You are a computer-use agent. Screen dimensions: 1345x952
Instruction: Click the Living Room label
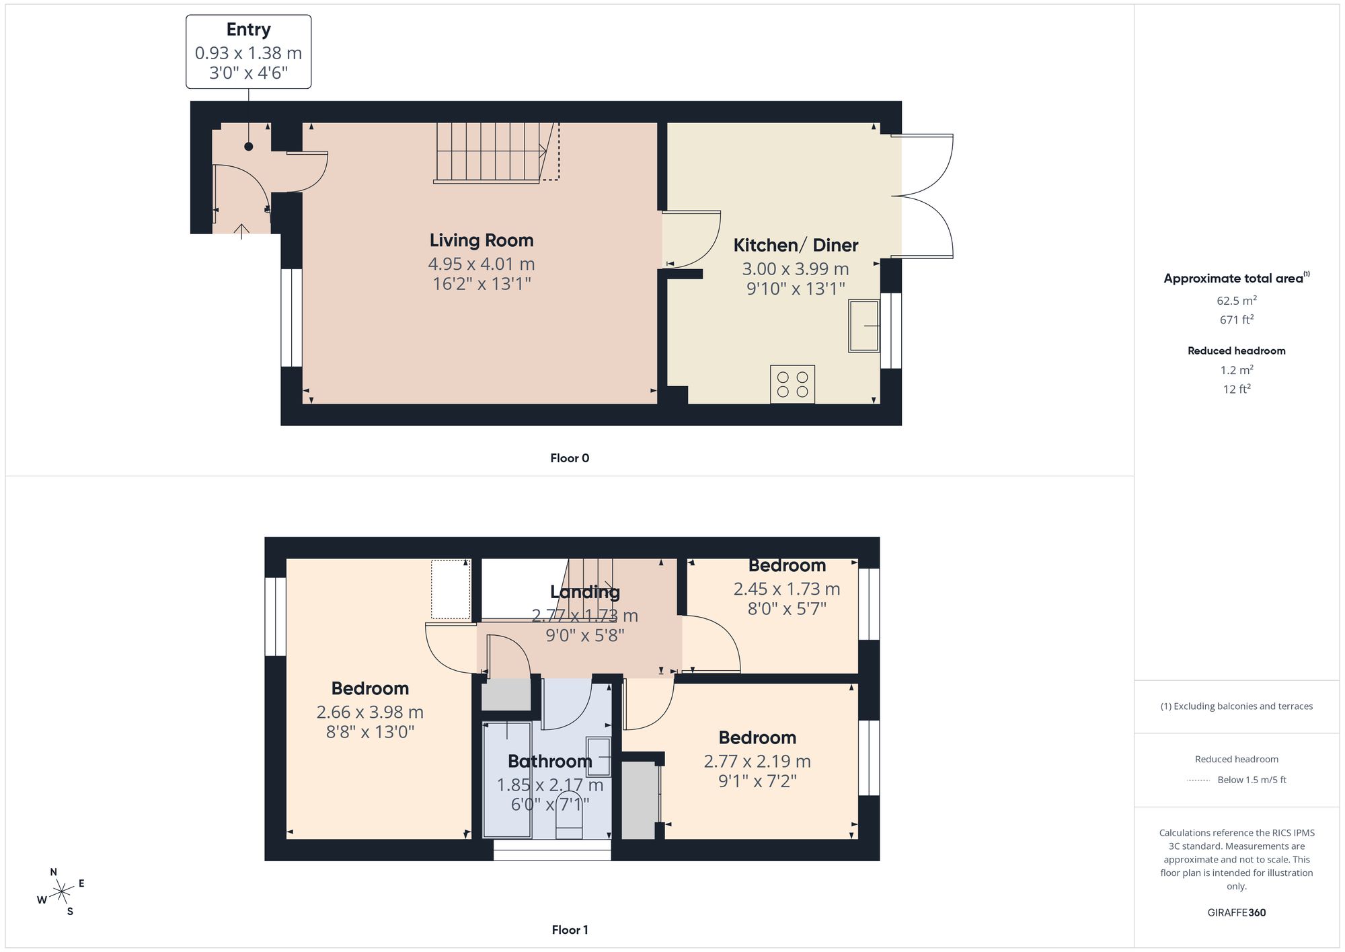click(x=482, y=240)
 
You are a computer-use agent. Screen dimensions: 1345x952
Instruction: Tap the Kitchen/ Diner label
click(x=796, y=245)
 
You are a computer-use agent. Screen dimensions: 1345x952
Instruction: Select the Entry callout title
click(x=248, y=30)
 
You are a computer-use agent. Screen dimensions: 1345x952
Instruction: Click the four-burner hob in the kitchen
click(x=792, y=384)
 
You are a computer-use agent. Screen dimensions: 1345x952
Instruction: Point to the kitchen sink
click(x=864, y=326)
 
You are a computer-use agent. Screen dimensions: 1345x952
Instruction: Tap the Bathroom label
click(x=549, y=761)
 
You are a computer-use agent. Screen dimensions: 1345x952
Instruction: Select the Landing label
click(x=584, y=592)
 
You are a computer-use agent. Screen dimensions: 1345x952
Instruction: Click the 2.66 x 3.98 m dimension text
click(x=370, y=712)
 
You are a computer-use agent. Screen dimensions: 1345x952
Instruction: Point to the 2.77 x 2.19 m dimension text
click(x=757, y=761)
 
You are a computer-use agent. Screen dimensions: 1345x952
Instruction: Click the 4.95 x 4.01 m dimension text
click(x=482, y=264)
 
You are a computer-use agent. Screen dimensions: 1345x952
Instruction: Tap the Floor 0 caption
click(x=570, y=458)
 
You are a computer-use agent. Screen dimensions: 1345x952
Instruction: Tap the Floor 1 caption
click(x=570, y=930)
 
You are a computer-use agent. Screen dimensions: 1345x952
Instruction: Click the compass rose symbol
click(x=61, y=892)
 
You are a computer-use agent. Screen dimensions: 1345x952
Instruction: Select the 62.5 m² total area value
click(x=1237, y=300)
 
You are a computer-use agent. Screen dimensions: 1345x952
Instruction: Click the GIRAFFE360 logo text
click(x=1237, y=912)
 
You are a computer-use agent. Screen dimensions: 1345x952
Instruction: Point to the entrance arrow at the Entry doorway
click(x=241, y=231)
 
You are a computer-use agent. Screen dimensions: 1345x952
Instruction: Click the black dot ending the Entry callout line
click(x=249, y=146)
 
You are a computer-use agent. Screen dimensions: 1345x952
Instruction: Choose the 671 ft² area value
click(x=1237, y=320)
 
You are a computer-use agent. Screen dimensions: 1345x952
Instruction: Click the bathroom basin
click(x=599, y=757)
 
